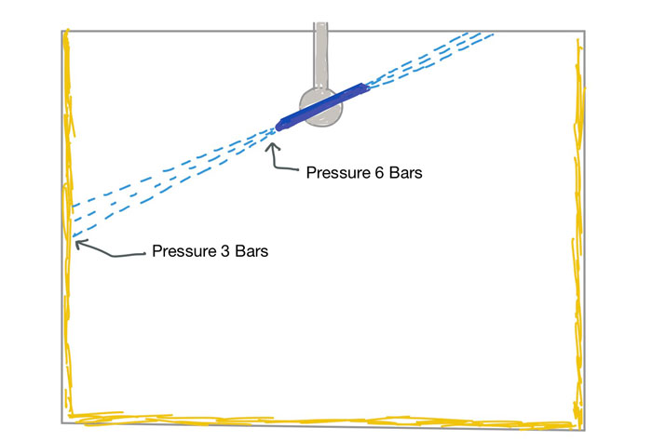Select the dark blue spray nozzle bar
pyautogui.click(x=321, y=105)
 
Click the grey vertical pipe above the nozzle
pyautogui.click(x=321, y=51)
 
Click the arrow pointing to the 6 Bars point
pyautogui.click(x=282, y=160)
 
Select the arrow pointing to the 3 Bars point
pyautogui.click(x=107, y=253)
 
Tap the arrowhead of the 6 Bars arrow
pyautogui.click(x=273, y=140)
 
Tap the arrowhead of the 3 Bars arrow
pyautogui.click(x=76, y=244)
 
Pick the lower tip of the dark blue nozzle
pyautogui.click(x=279, y=126)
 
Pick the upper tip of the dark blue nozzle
pyautogui.click(x=364, y=87)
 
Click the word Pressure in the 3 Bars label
pyautogui.click(x=183, y=251)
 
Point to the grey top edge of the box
pyautogui.click(x=186, y=31)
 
